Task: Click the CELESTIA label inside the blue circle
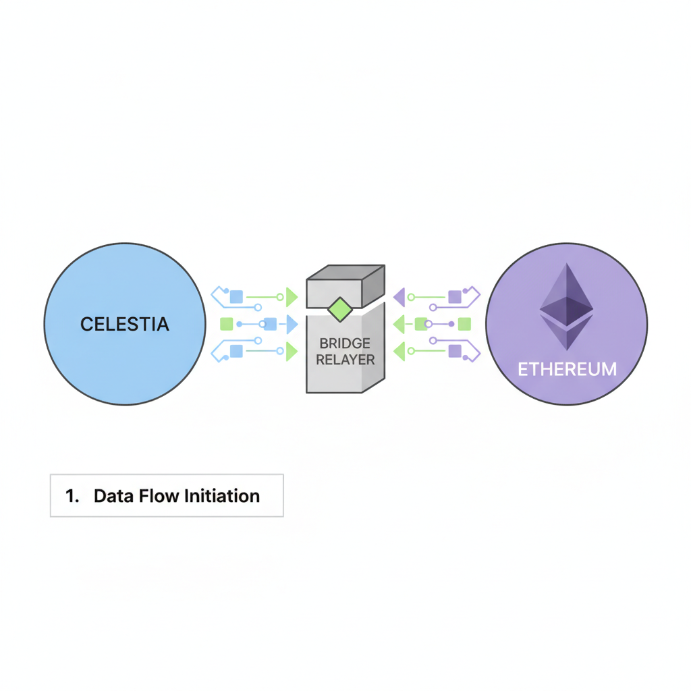pyautogui.click(x=125, y=325)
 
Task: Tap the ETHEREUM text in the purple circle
pyautogui.click(x=567, y=369)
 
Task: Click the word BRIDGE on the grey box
pyautogui.click(x=345, y=343)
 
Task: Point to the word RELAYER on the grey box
pyautogui.click(x=345, y=360)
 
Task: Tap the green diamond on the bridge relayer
pyautogui.click(x=339, y=309)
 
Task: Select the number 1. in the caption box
pyautogui.click(x=72, y=496)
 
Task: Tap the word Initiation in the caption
pyautogui.click(x=221, y=496)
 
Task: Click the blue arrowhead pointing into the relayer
pyautogui.click(x=292, y=325)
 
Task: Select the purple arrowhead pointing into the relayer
pyautogui.click(x=399, y=296)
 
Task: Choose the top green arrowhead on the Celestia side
pyautogui.click(x=292, y=296)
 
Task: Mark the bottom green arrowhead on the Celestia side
pyautogui.click(x=292, y=352)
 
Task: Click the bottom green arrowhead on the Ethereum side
pyautogui.click(x=399, y=351)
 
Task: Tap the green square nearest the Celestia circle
pyautogui.click(x=227, y=324)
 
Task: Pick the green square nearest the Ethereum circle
pyautogui.click(x=464, y=324)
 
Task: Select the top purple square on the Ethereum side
pyautogui.click(x=455, y=296)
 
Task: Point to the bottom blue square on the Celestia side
pyautogui.click(x=236, y=351)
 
